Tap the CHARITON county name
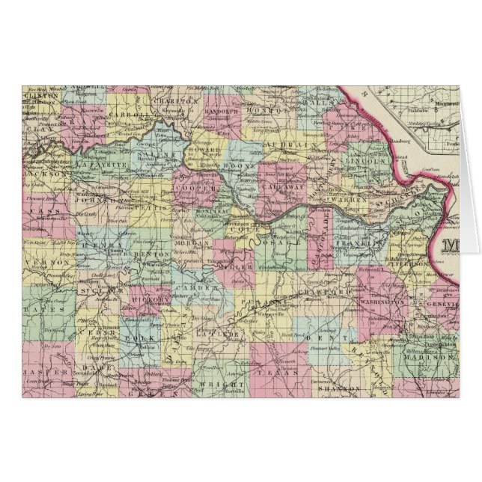tap(180, 99)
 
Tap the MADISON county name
tap(427, 357)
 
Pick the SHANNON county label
tap(335, 389)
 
